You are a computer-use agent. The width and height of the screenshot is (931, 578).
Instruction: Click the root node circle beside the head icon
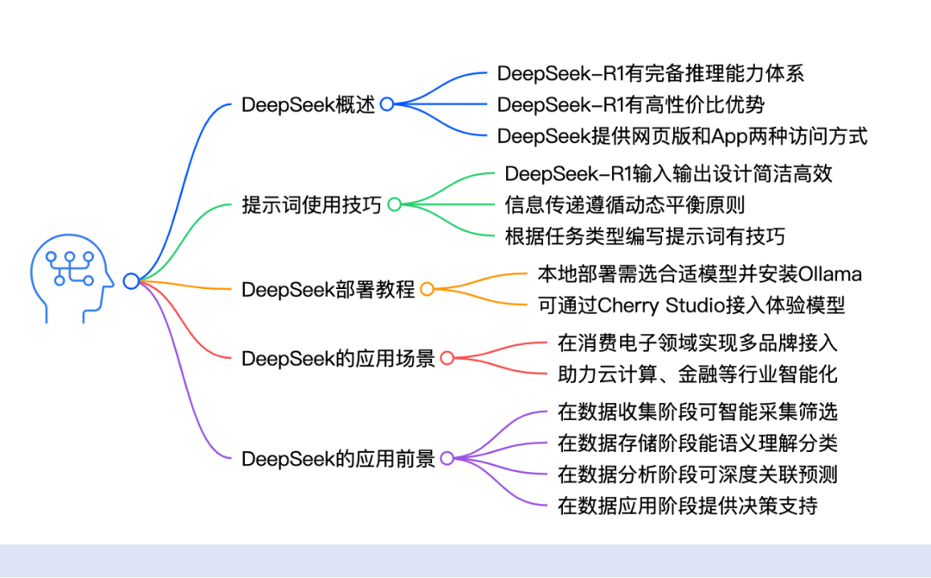[x=131, y=280]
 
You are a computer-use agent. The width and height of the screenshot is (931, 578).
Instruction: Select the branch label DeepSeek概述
[x=309, y=104]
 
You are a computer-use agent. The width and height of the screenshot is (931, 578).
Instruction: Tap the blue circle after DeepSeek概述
[x=387, y=104]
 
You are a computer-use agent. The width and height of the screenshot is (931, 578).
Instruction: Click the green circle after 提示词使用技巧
[x=394, y=204]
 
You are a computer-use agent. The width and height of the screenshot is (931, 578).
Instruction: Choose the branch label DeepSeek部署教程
[x=328, y=289]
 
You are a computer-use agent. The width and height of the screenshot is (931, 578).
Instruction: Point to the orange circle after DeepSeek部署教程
[x=427, y=289]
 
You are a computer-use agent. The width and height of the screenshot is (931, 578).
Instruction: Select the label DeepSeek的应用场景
[x=338, y=358]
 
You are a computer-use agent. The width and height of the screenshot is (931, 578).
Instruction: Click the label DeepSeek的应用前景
[x=338, y=458]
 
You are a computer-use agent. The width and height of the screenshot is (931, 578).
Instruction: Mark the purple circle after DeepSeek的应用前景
[x=447, y=458]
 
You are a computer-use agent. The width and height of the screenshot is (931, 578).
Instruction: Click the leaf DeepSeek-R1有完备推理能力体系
[x=651, y=73]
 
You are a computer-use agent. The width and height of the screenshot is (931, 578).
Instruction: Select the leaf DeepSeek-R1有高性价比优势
[x=631, y=104]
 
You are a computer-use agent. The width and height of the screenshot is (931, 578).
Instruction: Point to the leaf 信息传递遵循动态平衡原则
[x=625, y=204]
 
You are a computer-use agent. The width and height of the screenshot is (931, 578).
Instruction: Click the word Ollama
[x=830, y=274]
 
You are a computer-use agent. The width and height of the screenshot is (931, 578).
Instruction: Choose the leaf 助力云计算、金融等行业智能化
[x=697, y=374]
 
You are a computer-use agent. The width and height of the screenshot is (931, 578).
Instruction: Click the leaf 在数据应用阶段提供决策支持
[x=687, y=506]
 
